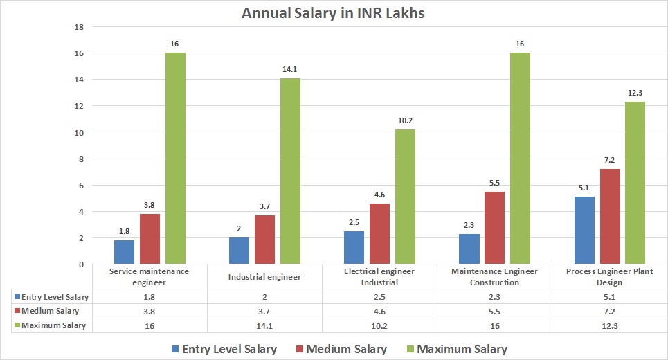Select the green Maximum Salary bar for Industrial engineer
(x=290, y=171)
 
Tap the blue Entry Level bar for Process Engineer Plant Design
(x=584, y=230)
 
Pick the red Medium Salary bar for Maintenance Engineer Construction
(x=494, y=228)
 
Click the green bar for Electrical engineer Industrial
(x=405, y=197)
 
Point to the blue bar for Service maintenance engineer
(x=124, y=252)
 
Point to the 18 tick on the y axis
(x=78, y=27)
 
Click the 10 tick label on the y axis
(x=78, y=132)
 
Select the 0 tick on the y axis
(x=80, y=264)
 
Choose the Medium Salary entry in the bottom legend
(x=347, y=349)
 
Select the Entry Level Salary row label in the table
(x=54, y=296)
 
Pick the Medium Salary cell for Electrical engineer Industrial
(x=380, y=311)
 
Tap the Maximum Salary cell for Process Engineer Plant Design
(x=609, y=325)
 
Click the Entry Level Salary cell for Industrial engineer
(x=264, y=296)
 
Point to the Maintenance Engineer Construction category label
(x=494, y=277)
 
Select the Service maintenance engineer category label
(x=149, y=277)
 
